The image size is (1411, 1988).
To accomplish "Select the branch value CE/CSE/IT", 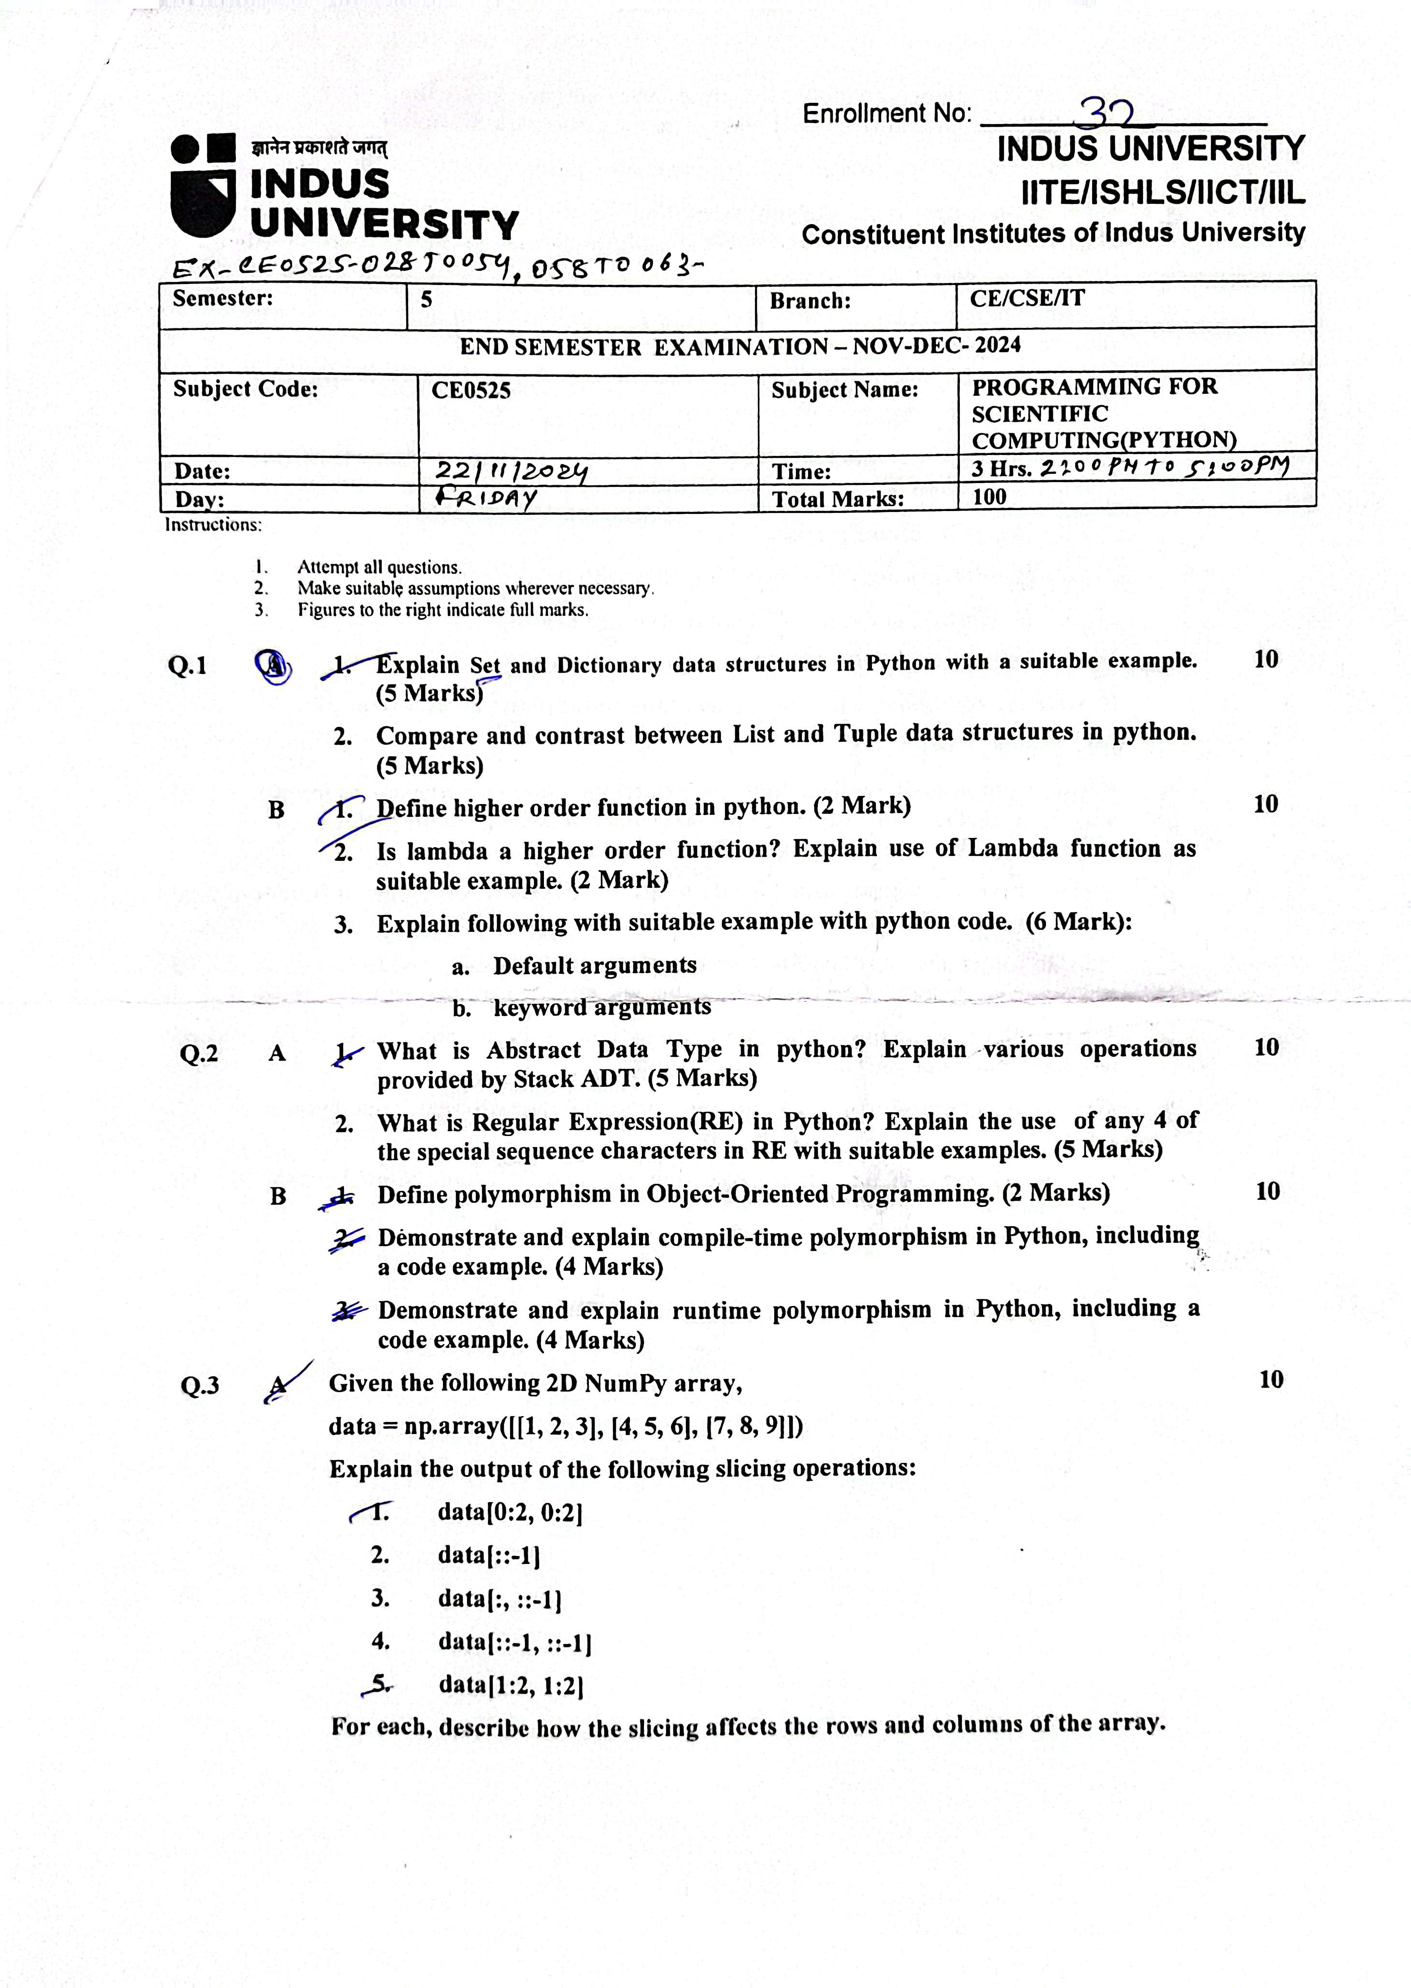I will click(1027, 299).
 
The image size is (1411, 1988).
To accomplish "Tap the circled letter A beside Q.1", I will click(274, 667).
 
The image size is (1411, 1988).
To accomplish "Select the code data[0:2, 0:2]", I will click(510, 1512).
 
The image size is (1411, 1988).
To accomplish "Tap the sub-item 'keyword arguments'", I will click(601, 1008).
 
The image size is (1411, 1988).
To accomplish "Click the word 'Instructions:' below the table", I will click(213, 525).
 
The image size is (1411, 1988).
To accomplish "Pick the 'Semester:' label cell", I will click(222, 299).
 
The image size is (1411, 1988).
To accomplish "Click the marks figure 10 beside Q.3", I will click(1270, 1379).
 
